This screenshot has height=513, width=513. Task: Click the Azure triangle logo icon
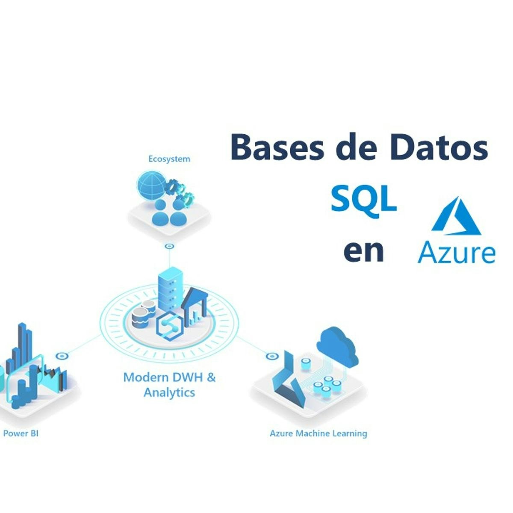456,216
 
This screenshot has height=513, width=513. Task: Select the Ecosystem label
169,159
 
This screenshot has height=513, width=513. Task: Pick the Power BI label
21,433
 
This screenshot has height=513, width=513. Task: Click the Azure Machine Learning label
318,433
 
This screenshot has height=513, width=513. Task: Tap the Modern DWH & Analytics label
169,385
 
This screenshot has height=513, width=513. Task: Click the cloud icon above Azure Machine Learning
337,345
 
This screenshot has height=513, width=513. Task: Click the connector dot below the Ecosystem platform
170,246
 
